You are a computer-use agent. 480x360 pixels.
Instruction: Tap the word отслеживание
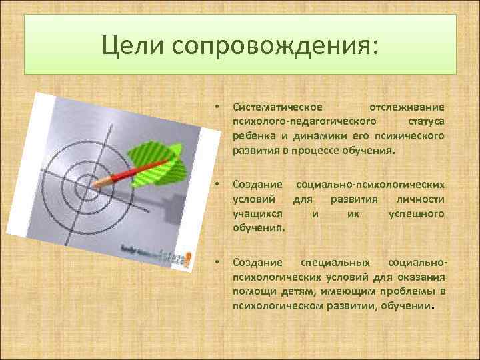pos(406,107)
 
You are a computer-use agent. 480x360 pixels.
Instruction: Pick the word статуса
pos(425,122)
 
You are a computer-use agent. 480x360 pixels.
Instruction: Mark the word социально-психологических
pos(370,184)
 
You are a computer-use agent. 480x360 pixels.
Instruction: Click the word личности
pos(424,199)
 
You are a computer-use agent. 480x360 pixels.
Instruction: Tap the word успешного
pos(416,214)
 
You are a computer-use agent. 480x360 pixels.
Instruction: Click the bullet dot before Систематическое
pos(215,107)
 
